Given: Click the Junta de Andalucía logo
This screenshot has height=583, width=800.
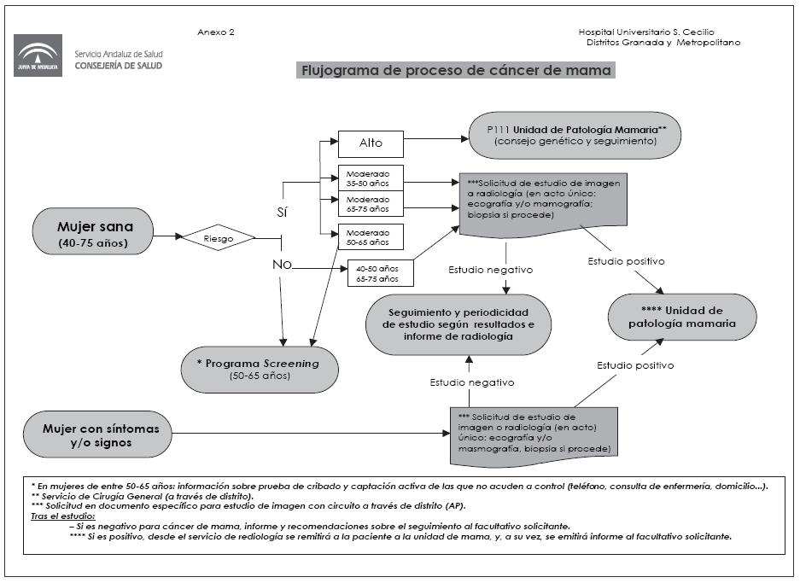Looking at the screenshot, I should [38, 57].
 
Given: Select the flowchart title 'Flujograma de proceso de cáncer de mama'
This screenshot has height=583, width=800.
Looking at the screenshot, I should [455, 71].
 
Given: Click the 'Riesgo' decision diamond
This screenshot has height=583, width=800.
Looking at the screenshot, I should [218, 239].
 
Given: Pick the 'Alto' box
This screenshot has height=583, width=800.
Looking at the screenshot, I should [371, 143].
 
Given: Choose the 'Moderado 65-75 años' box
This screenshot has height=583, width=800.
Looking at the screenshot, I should [371, 204].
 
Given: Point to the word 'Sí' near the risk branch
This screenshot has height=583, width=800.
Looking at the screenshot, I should [282, 208].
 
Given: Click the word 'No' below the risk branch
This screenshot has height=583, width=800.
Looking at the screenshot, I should [282, 265].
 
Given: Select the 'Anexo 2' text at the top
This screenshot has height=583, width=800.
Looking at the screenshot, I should [215, 32].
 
